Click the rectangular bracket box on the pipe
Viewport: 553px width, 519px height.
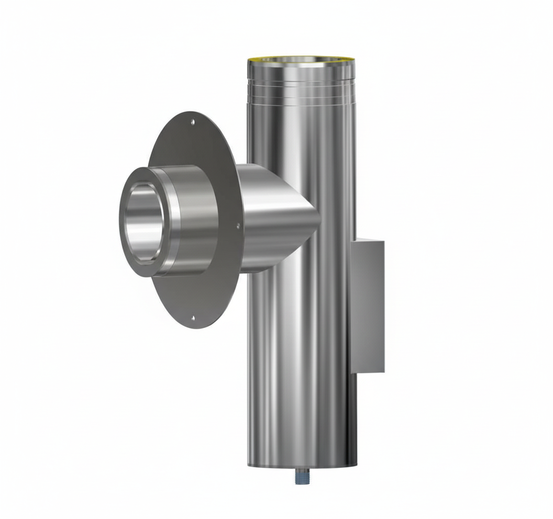pyautogui.click(x=367, y=306)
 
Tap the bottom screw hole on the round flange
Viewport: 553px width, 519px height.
pyautogui.click(x=194, y=318)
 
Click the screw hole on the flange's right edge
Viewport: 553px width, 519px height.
pyautogui.click(x=238, y=226)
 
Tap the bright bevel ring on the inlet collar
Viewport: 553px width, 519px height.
pyautogui.click(x=175, y=220)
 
